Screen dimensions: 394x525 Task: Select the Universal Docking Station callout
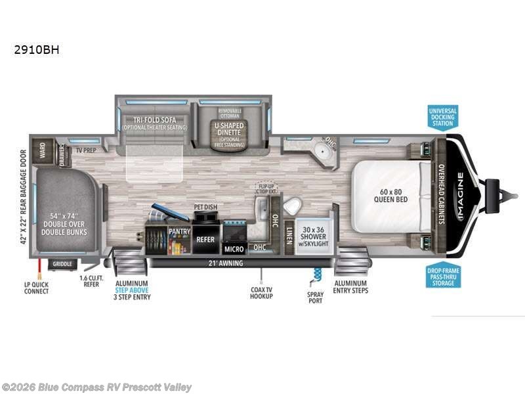click(x=442, y=116)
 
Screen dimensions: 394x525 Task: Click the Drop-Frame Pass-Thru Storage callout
click(x=442, y=275)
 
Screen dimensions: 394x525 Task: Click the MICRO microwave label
click(x=234, y=249)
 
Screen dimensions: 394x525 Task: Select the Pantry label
click(x=179, y=232)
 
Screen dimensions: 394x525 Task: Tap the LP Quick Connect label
click(x=37, y=288)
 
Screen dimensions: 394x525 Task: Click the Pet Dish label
click(x=205, y=208)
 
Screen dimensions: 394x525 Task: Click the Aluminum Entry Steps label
click(x=350, y=287)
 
